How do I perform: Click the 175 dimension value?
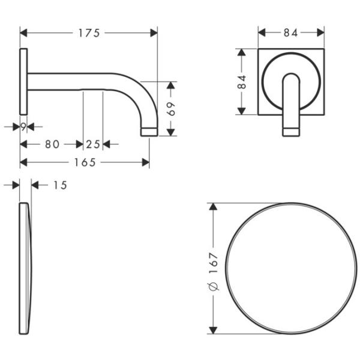89,33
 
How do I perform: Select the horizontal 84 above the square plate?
290,33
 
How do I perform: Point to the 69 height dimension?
170,109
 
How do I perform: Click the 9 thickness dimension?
22,127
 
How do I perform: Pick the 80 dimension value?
52,144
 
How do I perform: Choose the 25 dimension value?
93,144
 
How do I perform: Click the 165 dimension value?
85,162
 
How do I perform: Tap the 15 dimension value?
59,185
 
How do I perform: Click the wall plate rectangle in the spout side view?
23,81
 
